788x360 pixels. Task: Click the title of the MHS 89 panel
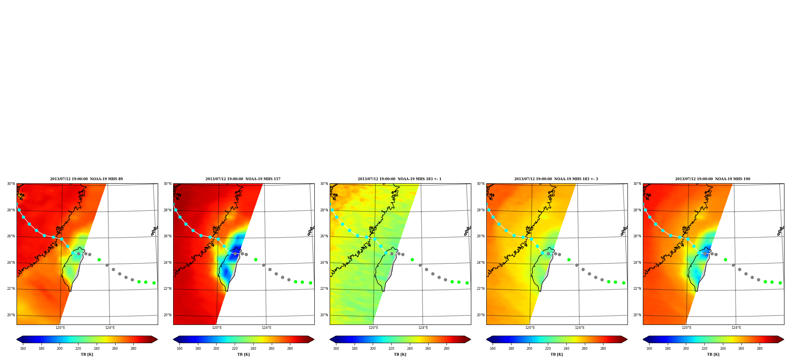(x=86, y=179)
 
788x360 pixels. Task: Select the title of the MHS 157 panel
(x=243, y=179)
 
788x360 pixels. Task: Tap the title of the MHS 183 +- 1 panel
(x=400, y=179)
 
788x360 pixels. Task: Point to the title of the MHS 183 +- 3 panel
(x=556, y=179)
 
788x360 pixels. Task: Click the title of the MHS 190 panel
(x=713, y=179)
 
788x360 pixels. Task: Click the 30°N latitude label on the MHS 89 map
(x=11, y=184)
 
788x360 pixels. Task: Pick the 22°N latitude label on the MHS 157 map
(x=167, y=289)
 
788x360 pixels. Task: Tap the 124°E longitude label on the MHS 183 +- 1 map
(x=423, y=328)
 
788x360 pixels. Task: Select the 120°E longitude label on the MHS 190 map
(x=687, y=328)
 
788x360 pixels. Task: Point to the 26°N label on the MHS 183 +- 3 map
(x=480, y=236)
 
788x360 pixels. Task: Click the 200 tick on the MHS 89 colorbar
(x=60, y=348)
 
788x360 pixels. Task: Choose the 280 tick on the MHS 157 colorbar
(x=290, y=348)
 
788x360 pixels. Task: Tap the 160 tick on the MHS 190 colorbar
(x=649, y=348)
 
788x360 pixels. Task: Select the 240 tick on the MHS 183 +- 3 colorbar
(x=566, y=348)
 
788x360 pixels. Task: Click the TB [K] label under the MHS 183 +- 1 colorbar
(x=400, y=354)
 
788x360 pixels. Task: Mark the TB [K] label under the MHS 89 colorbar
(x=87, y=354)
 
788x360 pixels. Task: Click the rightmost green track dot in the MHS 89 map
(x=154, y=283)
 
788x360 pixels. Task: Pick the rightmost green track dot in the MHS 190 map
(x=780, y=283)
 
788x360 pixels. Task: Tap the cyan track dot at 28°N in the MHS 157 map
(x=176, y=210)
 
